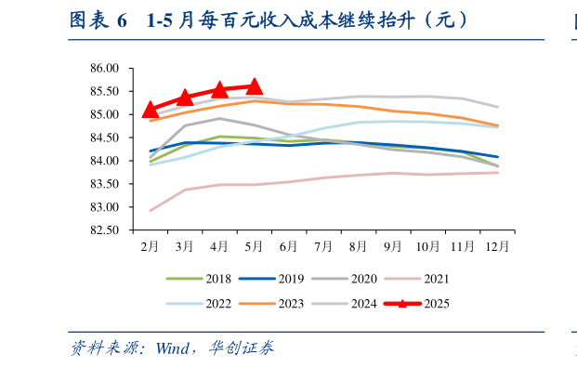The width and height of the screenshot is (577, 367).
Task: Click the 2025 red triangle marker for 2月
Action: tap(151, 110)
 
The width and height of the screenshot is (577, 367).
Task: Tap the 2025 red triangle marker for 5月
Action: tap(255, 86)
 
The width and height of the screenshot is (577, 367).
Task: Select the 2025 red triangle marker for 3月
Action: tap(185, 98)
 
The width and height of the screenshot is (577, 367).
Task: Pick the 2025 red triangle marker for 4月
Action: tap(220, 90)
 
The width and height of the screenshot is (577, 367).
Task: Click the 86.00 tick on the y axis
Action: tap(105, 69)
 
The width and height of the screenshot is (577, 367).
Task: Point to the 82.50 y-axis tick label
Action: tap(105, 230)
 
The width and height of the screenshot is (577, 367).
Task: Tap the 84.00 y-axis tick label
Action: tap(105, 161)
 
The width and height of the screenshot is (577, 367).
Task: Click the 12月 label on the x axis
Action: tap(497, 246)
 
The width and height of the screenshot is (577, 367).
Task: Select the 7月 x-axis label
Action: tap(323, 246)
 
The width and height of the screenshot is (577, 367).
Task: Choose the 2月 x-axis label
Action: tap(151, 246)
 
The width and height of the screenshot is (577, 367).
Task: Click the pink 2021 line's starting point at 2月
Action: tap(151, 210)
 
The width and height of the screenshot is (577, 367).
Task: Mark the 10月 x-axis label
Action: tap(427, 246)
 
